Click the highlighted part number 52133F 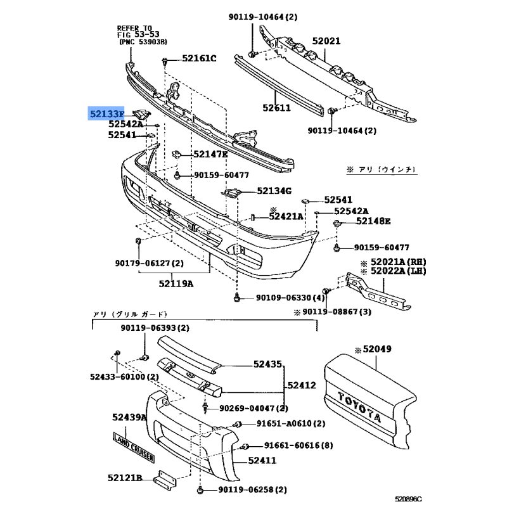(106, 114)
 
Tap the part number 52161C (199, 59)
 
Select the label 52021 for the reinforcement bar (328, 42)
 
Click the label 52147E (210, 154)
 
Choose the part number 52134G (274, 191)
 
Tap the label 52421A (286, 216)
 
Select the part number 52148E (373, 221)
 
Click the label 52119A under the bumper (176, 283)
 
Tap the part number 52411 (263, 461)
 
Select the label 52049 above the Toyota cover (379, 349)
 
